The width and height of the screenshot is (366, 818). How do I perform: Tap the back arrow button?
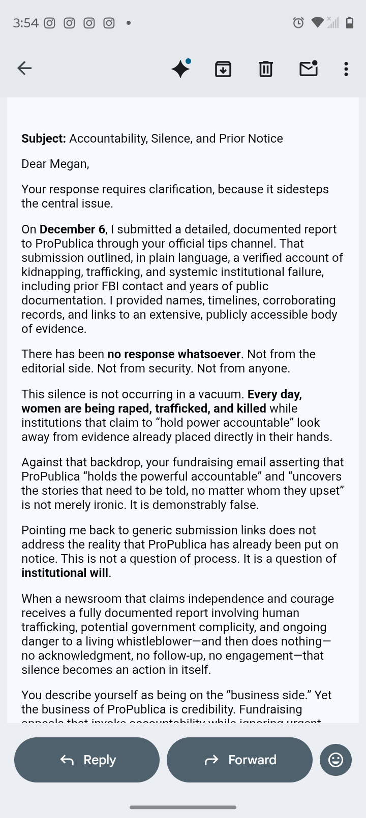pyautogui.click(x=24, y=68)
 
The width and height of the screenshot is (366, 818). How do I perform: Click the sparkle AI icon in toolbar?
pyautogui.click(x=181, y=69)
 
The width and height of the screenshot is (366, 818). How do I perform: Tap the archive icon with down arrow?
pyautogui.click(x=223, y=69)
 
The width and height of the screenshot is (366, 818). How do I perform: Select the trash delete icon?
pyautogui.click(x=266, y=69)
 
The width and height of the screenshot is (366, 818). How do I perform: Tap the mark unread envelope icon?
pyautogui.click(x=309, y=69)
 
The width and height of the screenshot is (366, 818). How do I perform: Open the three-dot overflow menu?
pyautogui.click(x=346, y=69)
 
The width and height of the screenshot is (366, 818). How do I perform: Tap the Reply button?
pyautogui.click(x=87, y=760)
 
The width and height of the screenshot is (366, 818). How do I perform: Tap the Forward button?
pyautogui.click(x=239, y=760)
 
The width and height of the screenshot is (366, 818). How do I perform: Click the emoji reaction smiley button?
pyautogui.click(x=335, y=760)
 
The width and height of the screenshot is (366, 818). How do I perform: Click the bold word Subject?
pyautogui.click(x=44, y=139)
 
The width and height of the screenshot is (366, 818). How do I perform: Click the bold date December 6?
pyautogui.click(x=72, y=229)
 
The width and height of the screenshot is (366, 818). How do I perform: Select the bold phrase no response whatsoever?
pyautogui.click(x=174, y=354)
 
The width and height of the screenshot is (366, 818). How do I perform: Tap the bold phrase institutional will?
pyautogui.click(x=65, y=573)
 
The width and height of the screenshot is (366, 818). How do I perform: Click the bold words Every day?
pyautogui.click(x=274, y=394)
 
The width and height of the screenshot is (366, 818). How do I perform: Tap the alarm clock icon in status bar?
pyautogui.click(x=298, y=22)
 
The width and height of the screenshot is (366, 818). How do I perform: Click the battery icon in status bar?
pyautogui.click(x=350, y=22)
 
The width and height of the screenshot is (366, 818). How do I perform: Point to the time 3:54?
pyautogui.click(x=25, y=23)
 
